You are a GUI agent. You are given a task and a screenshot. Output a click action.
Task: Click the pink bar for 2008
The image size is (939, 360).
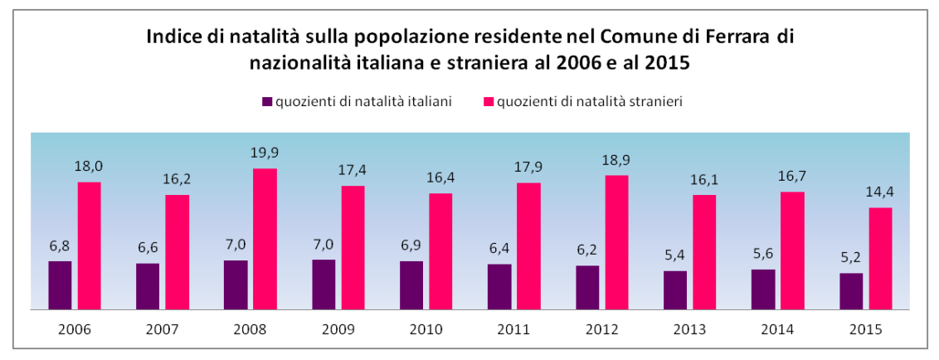point(265,239)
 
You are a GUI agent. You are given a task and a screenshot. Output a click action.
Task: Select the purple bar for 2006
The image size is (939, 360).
point(60,285)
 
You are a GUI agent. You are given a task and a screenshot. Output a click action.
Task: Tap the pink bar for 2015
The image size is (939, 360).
point(880,258)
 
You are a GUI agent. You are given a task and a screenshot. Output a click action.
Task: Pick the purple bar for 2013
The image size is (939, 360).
point(675,289)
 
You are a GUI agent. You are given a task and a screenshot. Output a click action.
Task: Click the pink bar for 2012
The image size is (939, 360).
point(616,242)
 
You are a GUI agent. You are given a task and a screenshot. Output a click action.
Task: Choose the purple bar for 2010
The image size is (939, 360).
point(411,285)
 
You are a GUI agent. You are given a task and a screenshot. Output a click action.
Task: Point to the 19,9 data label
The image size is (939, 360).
point(265,153)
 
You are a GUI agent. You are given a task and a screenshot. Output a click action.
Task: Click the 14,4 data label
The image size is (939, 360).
point(880,192)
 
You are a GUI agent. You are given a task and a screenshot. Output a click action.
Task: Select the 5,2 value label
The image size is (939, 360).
point(851,258)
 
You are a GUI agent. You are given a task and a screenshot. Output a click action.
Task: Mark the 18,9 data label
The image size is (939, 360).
point(616,160)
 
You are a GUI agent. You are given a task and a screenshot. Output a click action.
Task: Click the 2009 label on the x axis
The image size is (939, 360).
point(338,328)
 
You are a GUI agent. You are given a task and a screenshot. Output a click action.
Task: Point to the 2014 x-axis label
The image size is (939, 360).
point(778,328)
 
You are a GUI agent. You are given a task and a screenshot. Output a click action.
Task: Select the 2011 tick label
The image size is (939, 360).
point(514,328)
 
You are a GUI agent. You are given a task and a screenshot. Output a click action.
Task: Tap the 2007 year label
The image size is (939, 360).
point(163,328)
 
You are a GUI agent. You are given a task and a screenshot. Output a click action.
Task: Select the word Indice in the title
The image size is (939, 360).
point(173,38)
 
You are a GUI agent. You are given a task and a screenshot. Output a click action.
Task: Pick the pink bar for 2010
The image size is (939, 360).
point(440,251)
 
